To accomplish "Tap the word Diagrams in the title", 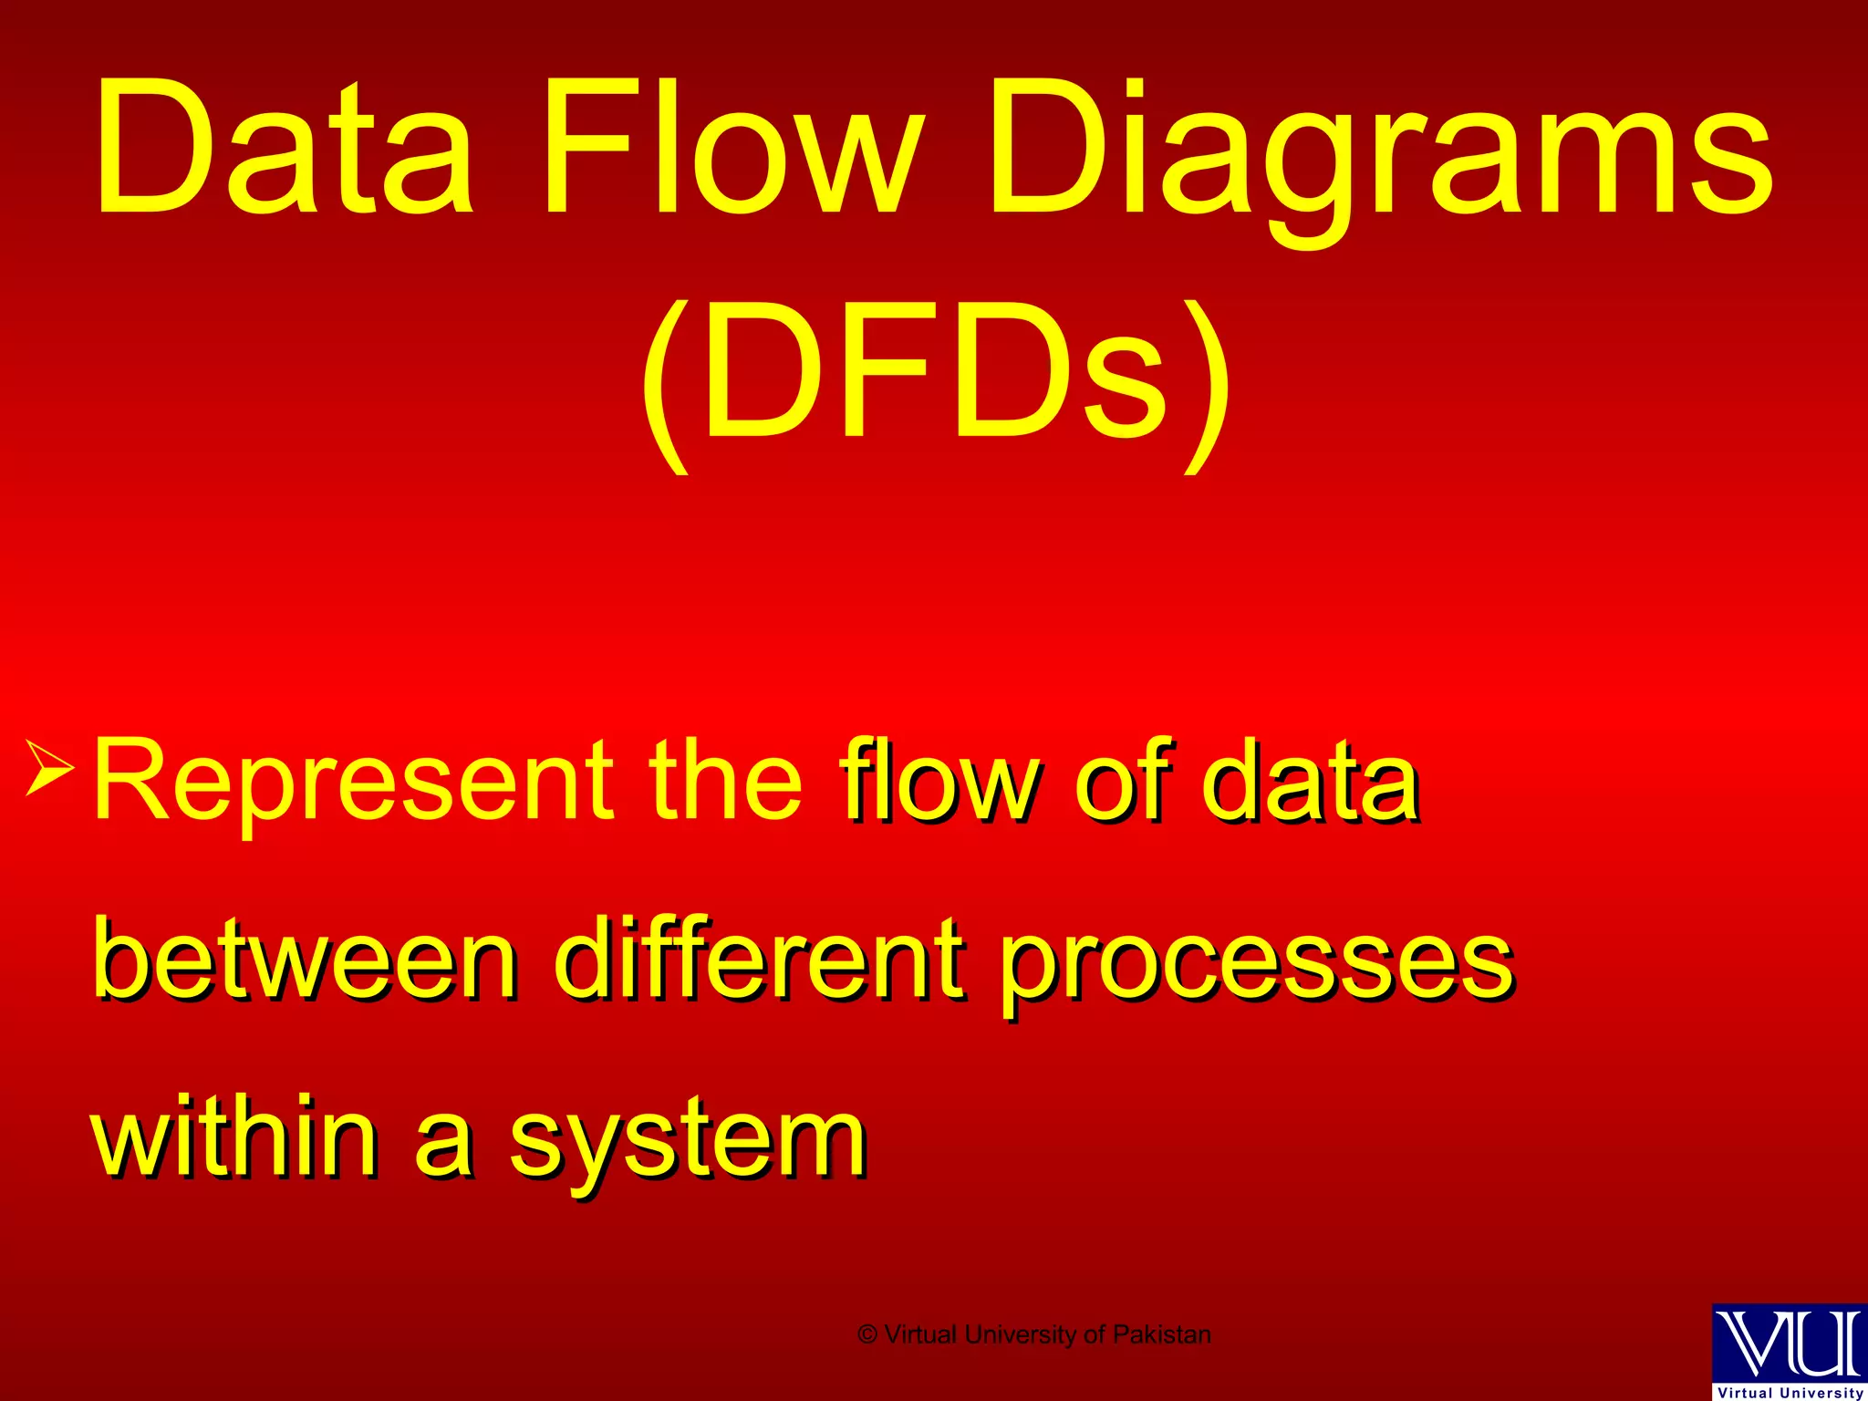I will [x=1381, y=160].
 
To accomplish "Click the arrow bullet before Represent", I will [x=50, y=766].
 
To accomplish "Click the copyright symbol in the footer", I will [x=867, y=1335].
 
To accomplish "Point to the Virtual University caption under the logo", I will [x=1790, y=1393].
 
